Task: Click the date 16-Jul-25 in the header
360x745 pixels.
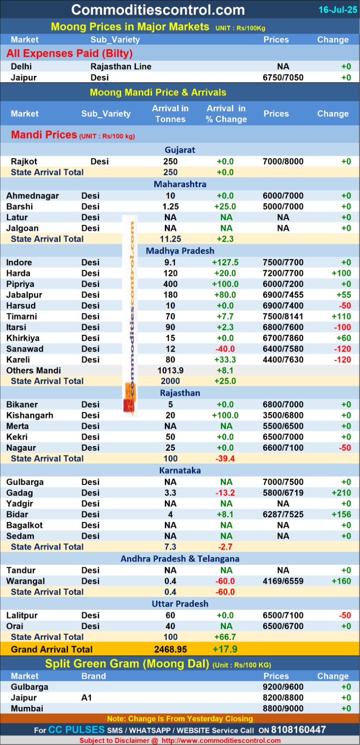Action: pyautogui.click(x=338, y=10)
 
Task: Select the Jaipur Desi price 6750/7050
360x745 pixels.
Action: pyautogui.click(x=283, y=78)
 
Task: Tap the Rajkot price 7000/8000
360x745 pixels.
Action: pyautogui.click(x=283, y=162)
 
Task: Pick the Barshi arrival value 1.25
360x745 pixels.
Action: pyautogui.click(x=170, y=207)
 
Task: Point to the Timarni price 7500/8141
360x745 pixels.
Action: pyautogui.click(x=283, y=317)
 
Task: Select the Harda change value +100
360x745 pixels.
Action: pyautogui.click(x=341, y=273)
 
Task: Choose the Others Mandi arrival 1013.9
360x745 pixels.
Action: pyautogui.click(x=170, y=371)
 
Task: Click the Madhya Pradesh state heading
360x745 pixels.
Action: pyautogui.click(x=180, y=251)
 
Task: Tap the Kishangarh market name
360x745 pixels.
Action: pyautogui.click(x=30, y=415)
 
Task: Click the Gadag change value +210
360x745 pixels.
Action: pyautogui.click(x=341, y=493)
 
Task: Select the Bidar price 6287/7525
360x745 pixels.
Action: pyautogui.click(x=283, y=515)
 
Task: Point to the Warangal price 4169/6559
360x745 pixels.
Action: pyautogui.click(x=283, y=582)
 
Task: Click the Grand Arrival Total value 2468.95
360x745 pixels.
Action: pyautogui.click(x=170, y=650)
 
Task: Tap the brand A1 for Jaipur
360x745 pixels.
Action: pyautogui.click(x=87, y=698)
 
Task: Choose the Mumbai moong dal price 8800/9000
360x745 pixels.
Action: pyautogui.click(x=283, y=709)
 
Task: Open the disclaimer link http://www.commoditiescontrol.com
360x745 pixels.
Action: pyautogui.click(x=221, y=740)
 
